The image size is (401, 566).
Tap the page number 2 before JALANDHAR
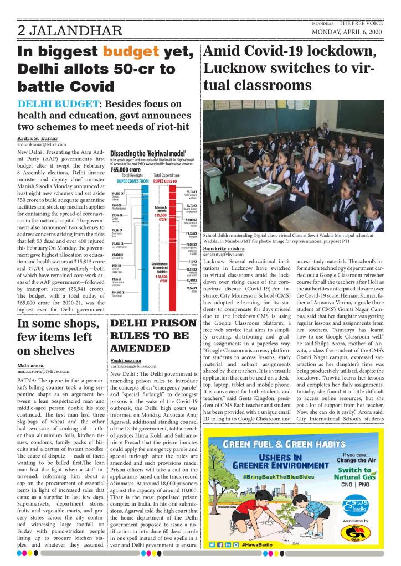[22, 32]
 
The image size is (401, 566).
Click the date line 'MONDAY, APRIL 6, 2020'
[348, 32]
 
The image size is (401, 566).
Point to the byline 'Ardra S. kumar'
[38, 138]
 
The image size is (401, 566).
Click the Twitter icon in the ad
[213, 545]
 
